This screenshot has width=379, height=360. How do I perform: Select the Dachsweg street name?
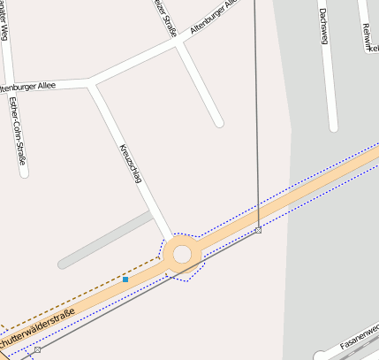(x=325, y=27)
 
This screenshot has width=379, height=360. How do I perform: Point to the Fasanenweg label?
(x=360, y=339)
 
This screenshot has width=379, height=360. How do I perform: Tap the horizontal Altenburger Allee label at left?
(x=27, y=87)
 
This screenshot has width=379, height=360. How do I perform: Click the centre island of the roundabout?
(x=182, y=255)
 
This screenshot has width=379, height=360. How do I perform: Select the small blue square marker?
(x=125, y=280)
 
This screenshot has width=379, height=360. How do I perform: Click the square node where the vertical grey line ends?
(x=258, y=230)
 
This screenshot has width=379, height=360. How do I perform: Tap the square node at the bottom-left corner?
(x=37, y=350)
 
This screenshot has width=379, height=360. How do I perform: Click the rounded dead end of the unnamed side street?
(x=218, y=122)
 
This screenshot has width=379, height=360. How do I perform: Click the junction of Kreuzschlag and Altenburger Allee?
(x=91, y=84)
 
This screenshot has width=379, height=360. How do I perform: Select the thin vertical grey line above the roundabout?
(x=256, y=115)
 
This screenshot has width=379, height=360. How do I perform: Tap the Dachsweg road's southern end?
(x=333, y=126)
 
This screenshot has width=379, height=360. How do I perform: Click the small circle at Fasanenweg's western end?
(x=320, y=356)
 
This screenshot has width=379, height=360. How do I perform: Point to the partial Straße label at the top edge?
(x=164, y=18)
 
